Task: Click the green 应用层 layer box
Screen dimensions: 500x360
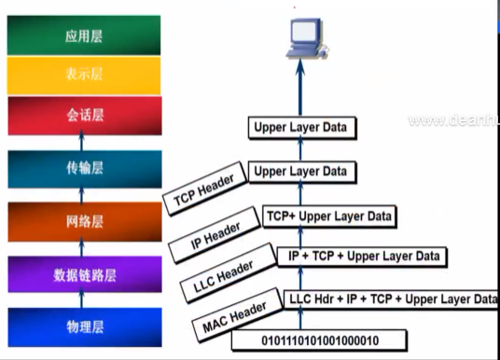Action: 82,37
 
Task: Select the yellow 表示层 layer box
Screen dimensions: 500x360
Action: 82,76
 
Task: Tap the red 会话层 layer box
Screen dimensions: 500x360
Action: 82,118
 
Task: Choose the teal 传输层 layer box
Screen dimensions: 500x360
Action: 82,168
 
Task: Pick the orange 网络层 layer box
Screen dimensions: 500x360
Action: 82,222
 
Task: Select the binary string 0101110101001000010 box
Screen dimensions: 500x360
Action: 331,339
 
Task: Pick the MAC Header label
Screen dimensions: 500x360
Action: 235,318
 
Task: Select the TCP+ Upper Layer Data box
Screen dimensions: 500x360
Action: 328,215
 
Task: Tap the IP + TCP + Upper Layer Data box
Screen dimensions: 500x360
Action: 360,256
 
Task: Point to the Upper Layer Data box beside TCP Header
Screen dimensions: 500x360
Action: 300,171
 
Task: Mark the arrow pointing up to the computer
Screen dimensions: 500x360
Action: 301,93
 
